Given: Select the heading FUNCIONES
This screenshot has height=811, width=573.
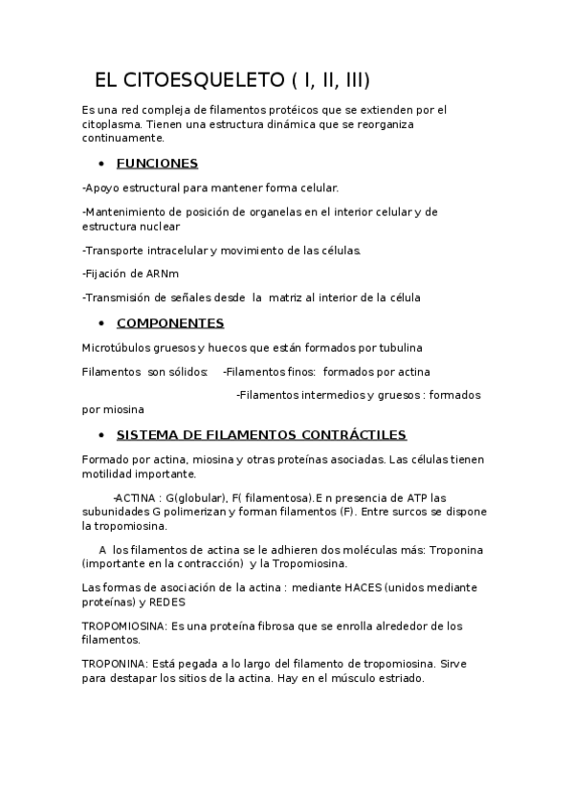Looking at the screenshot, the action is click(157, 163).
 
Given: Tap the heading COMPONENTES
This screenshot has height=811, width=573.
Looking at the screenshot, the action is click(170, 322).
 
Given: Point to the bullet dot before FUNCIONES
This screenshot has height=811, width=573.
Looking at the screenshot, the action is click(101, 164).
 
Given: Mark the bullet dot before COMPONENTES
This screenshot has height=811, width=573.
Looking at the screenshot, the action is click(101, 323).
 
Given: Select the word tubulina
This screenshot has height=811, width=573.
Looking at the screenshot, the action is click(397, 347).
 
